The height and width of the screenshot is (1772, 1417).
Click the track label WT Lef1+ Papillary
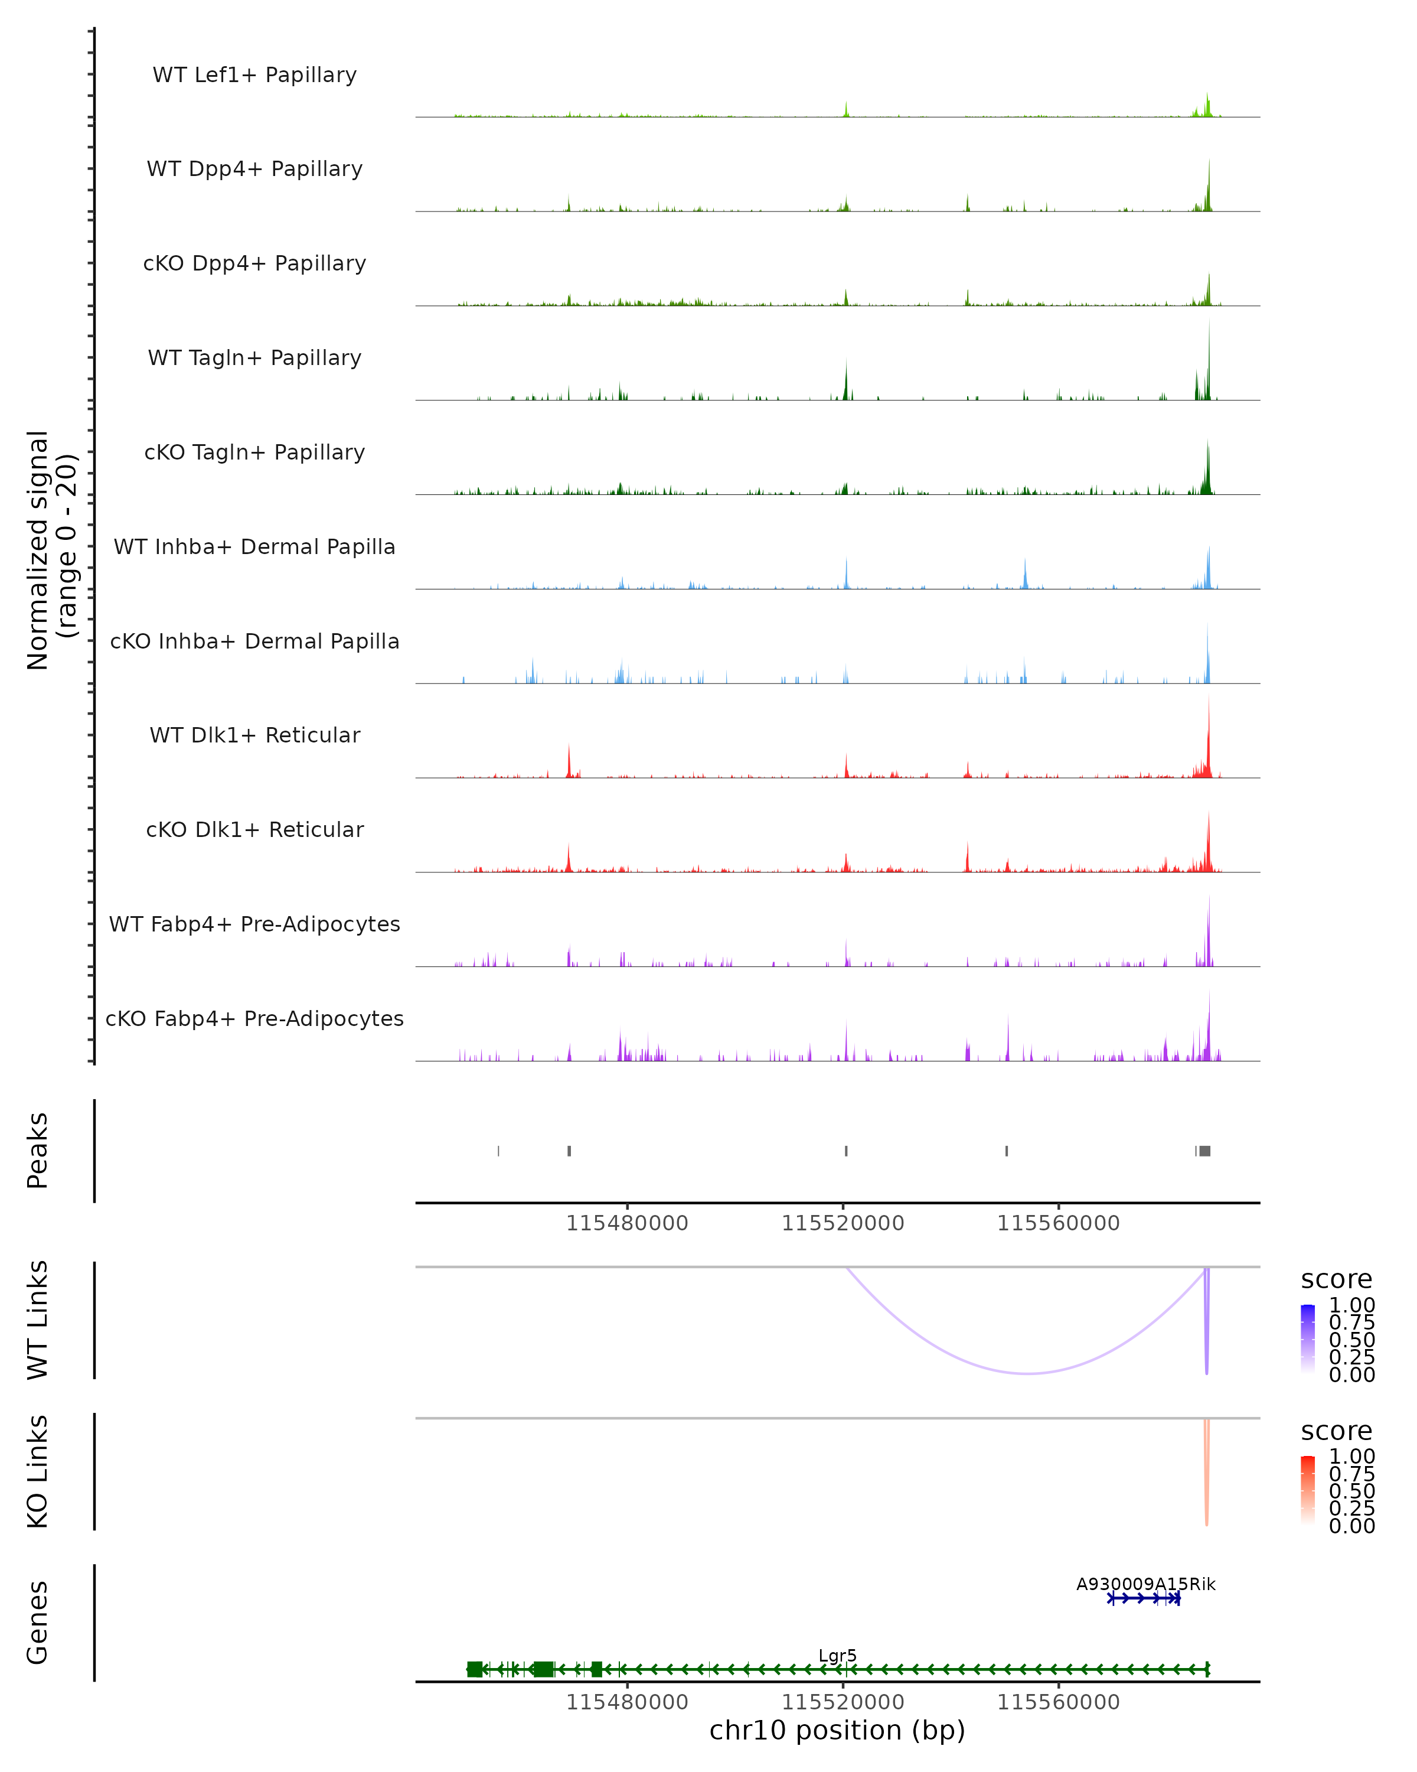(x=254, y=75)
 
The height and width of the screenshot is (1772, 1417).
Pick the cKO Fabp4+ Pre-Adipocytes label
(x=254, y=1018)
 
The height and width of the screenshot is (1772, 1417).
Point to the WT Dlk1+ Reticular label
(x=254, y=735)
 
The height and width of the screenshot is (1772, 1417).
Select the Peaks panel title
(x=38, y=1151)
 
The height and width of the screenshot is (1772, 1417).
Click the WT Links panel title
(x=38, y=1320)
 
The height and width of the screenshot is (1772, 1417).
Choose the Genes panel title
(x=38, y=1623)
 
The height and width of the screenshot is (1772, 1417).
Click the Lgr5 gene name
(x=837, y=1655)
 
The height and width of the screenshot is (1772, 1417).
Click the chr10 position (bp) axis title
(x=837, y=1730)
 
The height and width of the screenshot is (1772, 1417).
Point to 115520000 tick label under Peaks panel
(x=843, y=1223)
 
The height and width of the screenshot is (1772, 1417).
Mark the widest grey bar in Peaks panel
(x=1204, y=1151)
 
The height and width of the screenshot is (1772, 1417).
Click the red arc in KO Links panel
(x=1206, y=1480)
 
